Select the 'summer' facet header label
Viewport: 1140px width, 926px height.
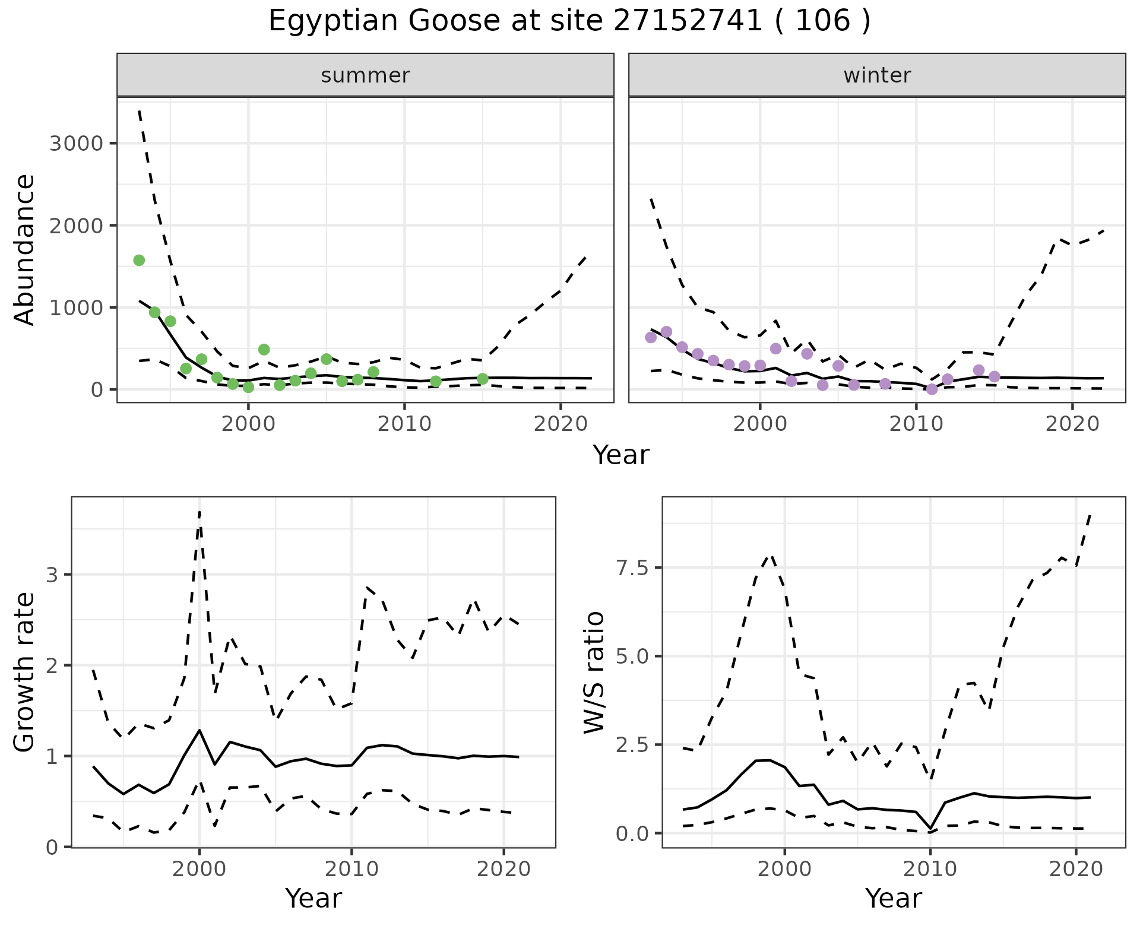pos(365,75)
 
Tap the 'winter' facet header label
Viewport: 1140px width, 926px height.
pos(877,75)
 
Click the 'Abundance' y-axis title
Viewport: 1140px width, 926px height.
pos(25,249)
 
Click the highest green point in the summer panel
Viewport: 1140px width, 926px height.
pos(139,260)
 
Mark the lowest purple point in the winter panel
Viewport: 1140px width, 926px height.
pos(932,389)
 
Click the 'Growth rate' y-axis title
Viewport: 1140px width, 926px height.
pos(25,672)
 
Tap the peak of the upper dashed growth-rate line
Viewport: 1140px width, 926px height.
pos(199,511)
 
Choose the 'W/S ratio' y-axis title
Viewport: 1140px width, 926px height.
pos(594,672)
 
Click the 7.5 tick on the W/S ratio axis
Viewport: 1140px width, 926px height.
pos(632,567)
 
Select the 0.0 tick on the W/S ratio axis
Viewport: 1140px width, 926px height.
pos(632,833)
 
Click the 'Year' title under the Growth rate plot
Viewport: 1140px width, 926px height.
pos(313,898)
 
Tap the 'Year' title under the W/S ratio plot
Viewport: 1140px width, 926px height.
pos(893,898)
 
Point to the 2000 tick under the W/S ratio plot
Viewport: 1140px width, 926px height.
pos(785,870)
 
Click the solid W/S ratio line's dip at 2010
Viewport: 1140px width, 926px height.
pos(930,827)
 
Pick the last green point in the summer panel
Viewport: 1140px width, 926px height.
pos(483,379)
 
